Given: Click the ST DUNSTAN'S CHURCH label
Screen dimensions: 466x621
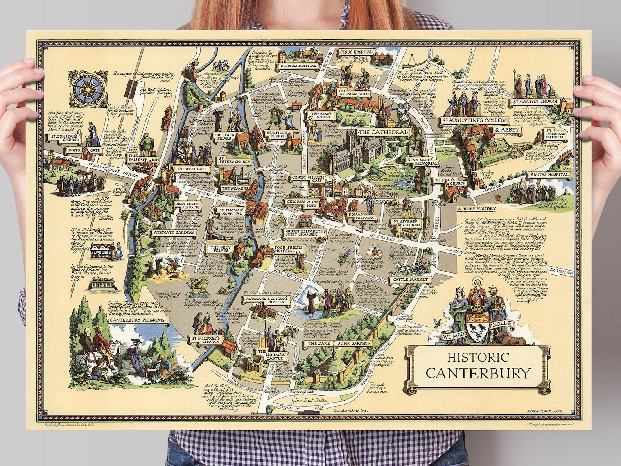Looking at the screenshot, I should click(64, 137).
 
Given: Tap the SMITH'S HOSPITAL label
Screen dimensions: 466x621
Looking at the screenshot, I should click(547, 175).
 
